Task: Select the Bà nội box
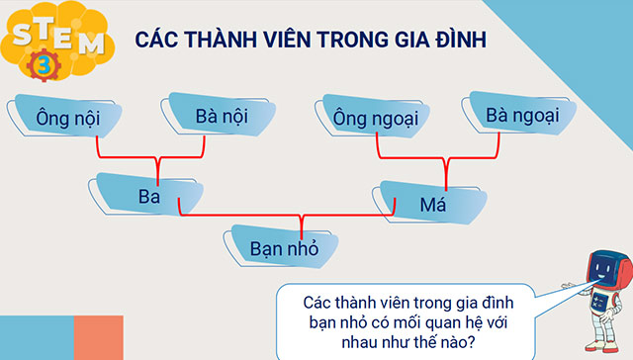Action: click(220, 116)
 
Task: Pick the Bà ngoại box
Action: click(522, 116)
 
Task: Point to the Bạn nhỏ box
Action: click(285, 248)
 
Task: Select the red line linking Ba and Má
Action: click(287, 214)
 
